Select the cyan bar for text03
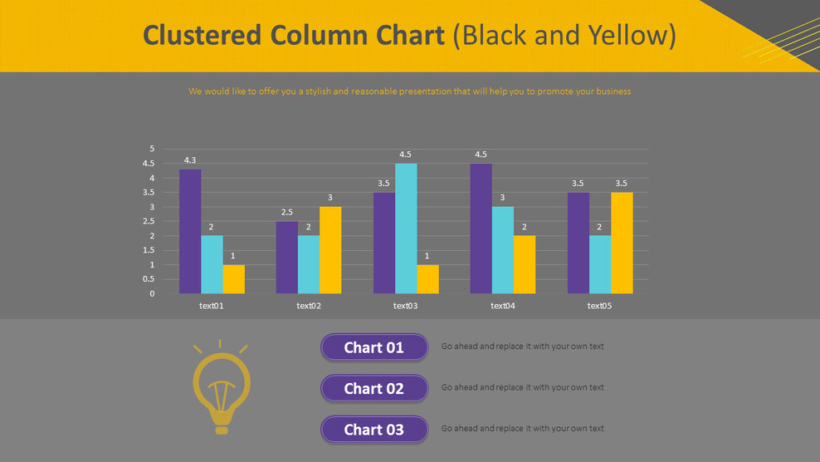(x=406, y=229)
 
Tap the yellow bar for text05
(x=622, y=243)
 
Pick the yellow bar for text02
(x=330, y=250)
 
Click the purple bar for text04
(x=481, y=229)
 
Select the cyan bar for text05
(x=600, y=264)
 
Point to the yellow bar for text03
(x=427, y=279)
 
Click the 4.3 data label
(x=190, y=160)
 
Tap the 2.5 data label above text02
(x=287, y=213)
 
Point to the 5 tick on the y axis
(x=152, y=149)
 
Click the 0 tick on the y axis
(x=152, y=293)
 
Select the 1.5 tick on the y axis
(x=150, y=250)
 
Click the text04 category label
(x=502, y=306)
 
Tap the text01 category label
(x=212, y=306)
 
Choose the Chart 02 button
(x=374, y=388)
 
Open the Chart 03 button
(x=374, y=430)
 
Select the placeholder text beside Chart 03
(x=522, y=429)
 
